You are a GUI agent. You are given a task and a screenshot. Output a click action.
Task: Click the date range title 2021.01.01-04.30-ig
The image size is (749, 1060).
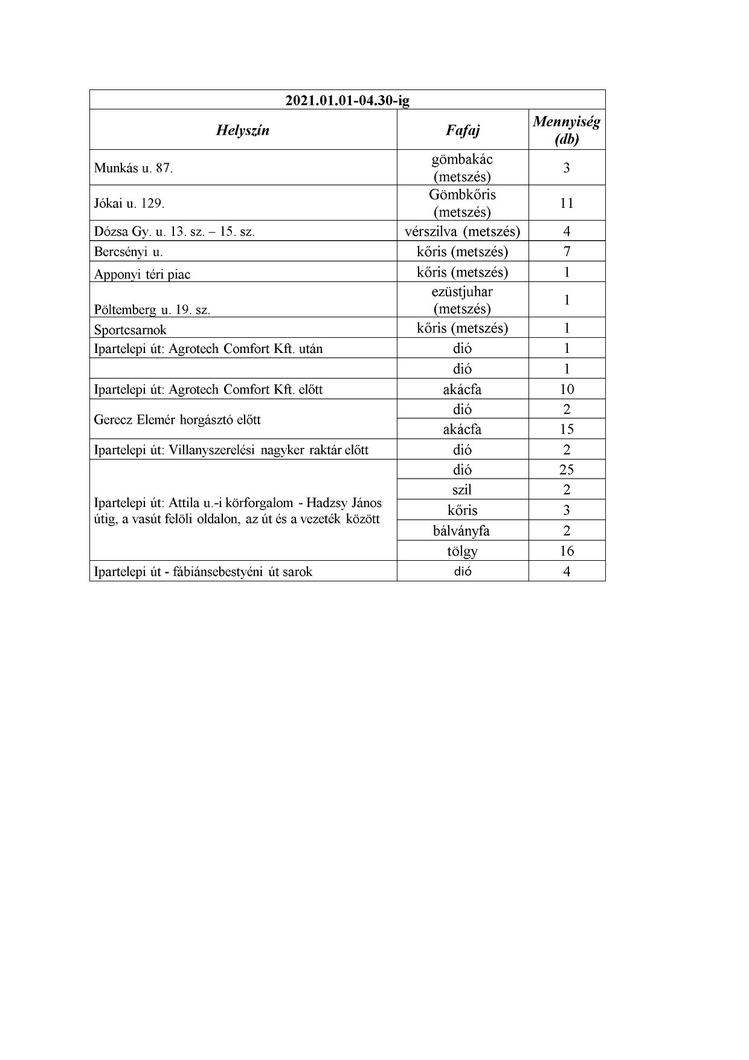(x=347, y=100)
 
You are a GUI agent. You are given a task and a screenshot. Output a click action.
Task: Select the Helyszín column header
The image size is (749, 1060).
(x=243, y=130)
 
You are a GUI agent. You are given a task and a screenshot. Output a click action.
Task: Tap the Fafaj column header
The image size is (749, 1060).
(x=463, y=130)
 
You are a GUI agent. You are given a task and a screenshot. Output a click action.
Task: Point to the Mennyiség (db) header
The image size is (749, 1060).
(x=567, y=130)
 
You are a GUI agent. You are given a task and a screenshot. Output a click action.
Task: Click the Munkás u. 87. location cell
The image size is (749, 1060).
(x=133, y=168)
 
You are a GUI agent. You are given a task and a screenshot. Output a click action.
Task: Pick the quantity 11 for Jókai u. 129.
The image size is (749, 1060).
(x=567, y=203)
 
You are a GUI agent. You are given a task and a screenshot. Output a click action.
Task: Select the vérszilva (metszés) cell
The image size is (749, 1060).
(x=463, y=231)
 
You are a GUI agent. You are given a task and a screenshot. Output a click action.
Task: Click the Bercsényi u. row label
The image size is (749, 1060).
(x=129, y=251)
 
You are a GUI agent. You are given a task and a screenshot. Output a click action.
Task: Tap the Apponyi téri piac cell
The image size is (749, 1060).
(x=143, y=274)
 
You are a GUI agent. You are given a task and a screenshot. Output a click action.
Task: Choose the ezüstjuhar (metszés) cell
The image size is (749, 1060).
(x=463, y=300)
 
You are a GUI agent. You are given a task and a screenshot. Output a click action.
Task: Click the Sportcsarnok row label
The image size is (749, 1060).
(x=130, y=330)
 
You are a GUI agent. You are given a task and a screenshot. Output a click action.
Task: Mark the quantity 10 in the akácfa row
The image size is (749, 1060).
(x=567, y=389)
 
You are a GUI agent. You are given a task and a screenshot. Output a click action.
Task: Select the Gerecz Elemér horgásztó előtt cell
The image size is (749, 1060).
(x=178, y=419)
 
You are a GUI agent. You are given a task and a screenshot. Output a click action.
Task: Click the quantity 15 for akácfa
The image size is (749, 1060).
(x=567, y=429)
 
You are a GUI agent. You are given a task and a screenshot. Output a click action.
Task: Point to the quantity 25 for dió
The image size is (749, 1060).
(x=567, y=470)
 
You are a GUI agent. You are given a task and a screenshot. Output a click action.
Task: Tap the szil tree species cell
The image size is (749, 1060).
(x=463, y=490)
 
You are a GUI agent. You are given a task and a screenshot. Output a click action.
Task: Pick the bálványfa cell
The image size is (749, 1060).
(x=463, y=531)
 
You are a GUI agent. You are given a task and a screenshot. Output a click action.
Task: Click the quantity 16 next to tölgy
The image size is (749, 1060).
(x=567, y=551)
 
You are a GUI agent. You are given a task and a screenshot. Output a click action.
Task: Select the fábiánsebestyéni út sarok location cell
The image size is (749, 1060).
(x=204, y=572)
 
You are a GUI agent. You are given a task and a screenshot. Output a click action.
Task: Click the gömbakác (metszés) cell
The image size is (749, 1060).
(x=463, y=168)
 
